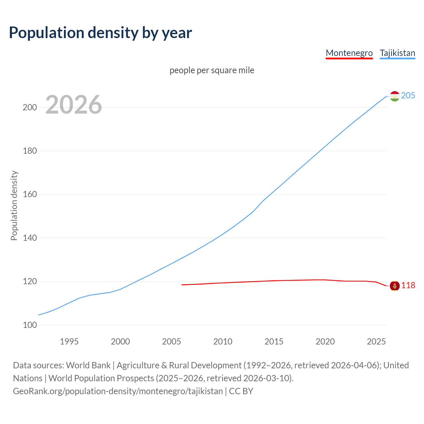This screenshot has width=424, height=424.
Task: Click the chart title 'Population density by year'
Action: pyautogui.click(x=100, y=32)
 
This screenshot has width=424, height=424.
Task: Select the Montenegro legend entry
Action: pyautogui.click(x=349, y=53)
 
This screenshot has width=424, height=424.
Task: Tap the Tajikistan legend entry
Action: pyautogui.click(x=397, y=53)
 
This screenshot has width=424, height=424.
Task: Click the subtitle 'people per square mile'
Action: pyautogui.click(x=212, y=70)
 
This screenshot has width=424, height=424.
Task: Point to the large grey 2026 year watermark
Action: pyautogui.click(x=74, y=105)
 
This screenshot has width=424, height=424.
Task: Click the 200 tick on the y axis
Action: pyautogui.click(x=29, y=107)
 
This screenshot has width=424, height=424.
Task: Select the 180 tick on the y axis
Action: pyautogui.click(x=29, y=151)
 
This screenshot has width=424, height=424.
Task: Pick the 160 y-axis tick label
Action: pyautogui.click(x=29, y=194)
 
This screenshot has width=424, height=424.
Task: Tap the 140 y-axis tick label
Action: pyautogui.click(x=29, y=238)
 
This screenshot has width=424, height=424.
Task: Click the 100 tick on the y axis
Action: pyautogui.click(x=29, y=325)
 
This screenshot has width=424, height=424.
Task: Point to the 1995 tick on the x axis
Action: pyautogui.click(x=69, y=342)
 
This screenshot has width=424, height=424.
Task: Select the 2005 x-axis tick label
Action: pyautogui.click(x=172, y=342)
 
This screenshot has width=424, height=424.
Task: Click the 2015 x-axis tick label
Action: pyautogui.click(x=274, y=342)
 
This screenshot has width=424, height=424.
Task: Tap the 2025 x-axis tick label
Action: pyautogui.click(x=376, y=342)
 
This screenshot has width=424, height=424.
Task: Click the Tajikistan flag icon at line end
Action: pyautogui.click(x=395, y=96)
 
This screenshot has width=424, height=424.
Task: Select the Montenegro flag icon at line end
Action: pyautogui.click(x=395, y=286)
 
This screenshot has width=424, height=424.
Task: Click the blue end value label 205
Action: pyautogui.click(x=408, y=95)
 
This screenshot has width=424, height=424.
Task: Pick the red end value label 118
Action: pyautogui.click(x=408, y=285)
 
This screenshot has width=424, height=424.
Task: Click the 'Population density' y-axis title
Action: pyautogui.click(x=14, y=205)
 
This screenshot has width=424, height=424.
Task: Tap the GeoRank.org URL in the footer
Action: pyautogui.click(x=118, y=391)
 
